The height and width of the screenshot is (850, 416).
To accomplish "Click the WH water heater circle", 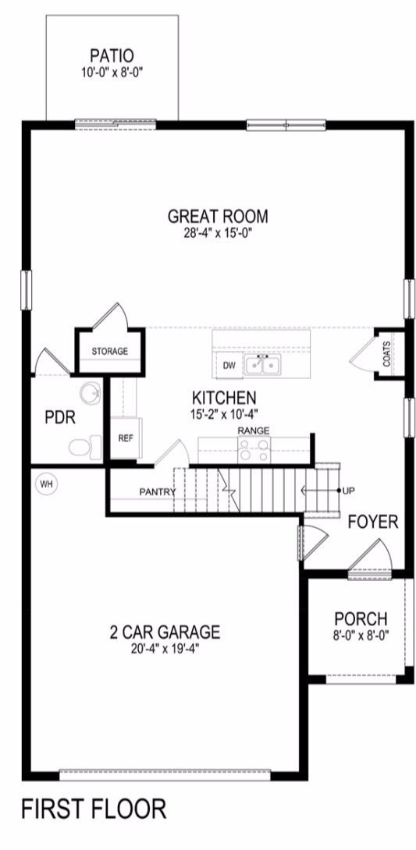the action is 46,484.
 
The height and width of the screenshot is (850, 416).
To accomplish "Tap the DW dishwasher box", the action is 229,366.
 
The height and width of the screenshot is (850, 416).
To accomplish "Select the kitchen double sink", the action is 262,365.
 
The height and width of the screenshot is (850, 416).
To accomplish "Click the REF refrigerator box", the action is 126,438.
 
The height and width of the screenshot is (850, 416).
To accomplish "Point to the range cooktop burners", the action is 254,451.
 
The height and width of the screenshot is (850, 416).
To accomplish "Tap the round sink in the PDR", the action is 91,393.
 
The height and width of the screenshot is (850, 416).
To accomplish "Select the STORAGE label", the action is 109,351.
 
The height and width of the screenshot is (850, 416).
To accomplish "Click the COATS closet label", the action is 386,353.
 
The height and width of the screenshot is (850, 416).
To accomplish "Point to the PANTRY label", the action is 158,492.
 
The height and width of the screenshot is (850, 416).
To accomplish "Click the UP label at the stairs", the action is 349,491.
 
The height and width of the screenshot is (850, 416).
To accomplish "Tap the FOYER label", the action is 373,522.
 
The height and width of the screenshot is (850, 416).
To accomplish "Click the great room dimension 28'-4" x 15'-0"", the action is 218,233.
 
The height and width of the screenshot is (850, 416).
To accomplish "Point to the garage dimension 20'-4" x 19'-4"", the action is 165,648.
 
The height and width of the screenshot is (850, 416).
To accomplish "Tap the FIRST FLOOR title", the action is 94,809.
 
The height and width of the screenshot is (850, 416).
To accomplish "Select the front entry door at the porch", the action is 369,560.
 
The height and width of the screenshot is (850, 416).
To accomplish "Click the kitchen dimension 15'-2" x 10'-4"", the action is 220,413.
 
